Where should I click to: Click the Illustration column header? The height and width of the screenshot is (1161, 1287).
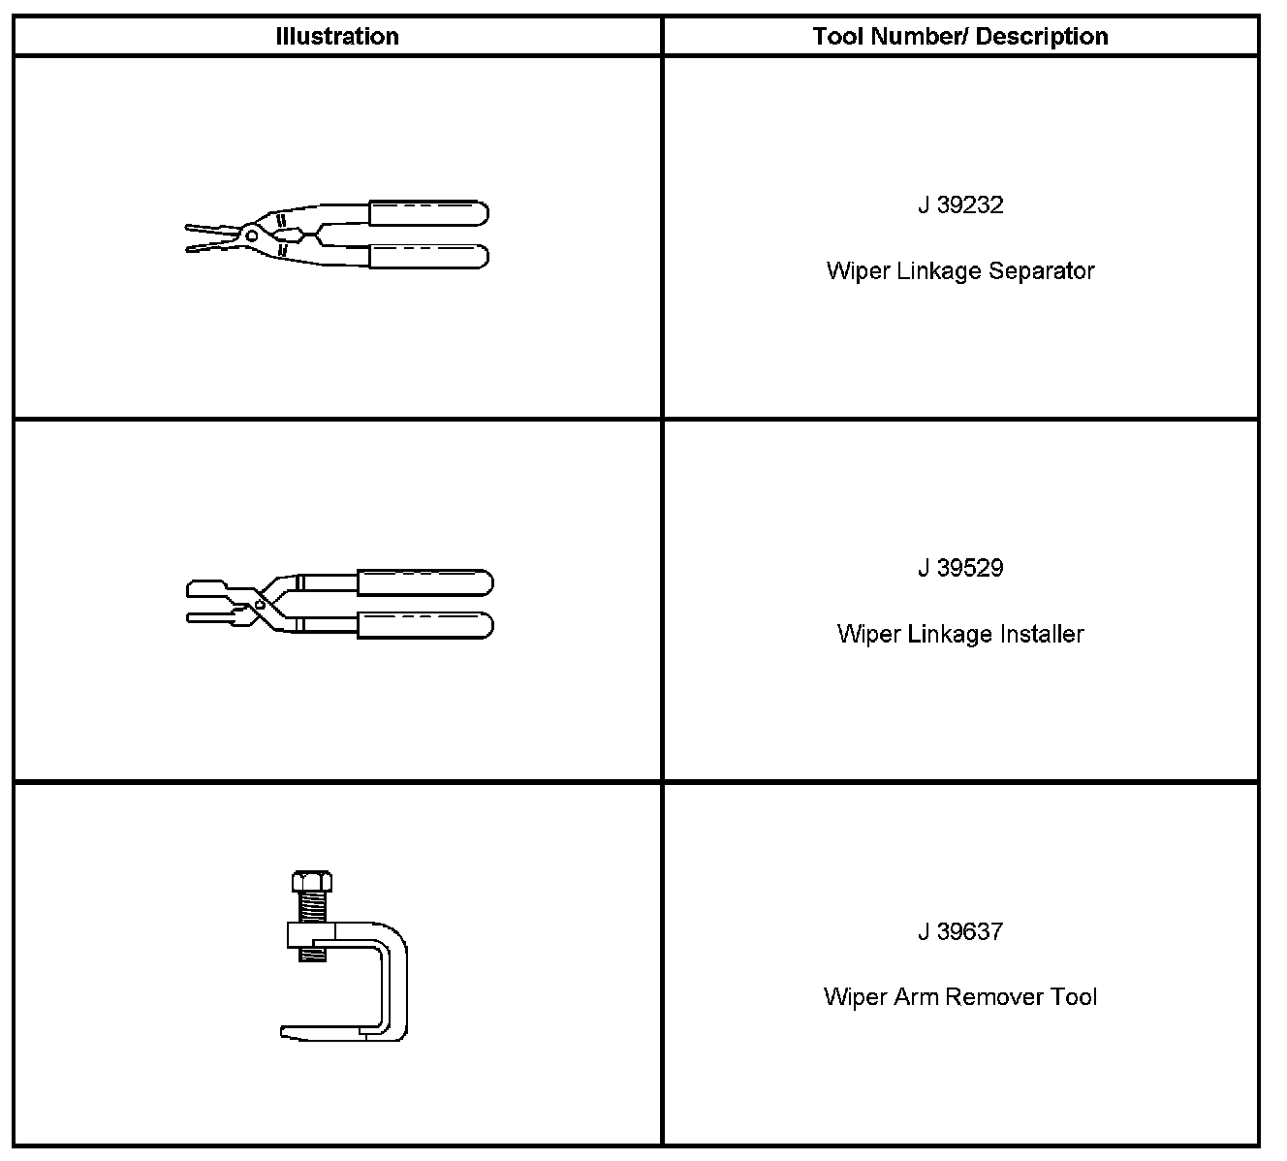click(x=336, y=37)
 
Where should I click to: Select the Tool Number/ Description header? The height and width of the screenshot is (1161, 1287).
click(x=959, y=37)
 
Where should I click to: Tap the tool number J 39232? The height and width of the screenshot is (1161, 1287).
click(x=959, y=205)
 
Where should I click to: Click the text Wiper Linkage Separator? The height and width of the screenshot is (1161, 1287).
click(x=959, y=270)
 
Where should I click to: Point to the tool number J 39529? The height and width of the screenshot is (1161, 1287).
click(x=959, y=568)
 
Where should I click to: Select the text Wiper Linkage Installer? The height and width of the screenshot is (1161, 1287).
click(x=959, y=634)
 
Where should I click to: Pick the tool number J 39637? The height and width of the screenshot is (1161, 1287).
click(x=959, y=931)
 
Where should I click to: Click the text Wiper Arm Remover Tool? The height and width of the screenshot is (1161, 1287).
click(x=959, y=997)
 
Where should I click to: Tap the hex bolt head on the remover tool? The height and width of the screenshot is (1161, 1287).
click(x=311, y=883)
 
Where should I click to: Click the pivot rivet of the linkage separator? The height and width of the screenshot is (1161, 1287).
click(x=252, y=233)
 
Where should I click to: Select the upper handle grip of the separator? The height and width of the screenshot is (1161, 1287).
click(x=427, y=213)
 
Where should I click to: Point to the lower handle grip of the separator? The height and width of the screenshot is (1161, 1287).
click(x=427, y=256)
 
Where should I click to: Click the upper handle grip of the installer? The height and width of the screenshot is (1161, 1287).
click(x=424, y=582)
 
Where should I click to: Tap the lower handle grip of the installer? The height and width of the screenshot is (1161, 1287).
click(x=424, y=625)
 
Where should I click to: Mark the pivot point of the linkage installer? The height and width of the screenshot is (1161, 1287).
click(x=260, y=604)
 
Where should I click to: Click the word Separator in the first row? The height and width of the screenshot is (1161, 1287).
click(x=1041, y=270)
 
